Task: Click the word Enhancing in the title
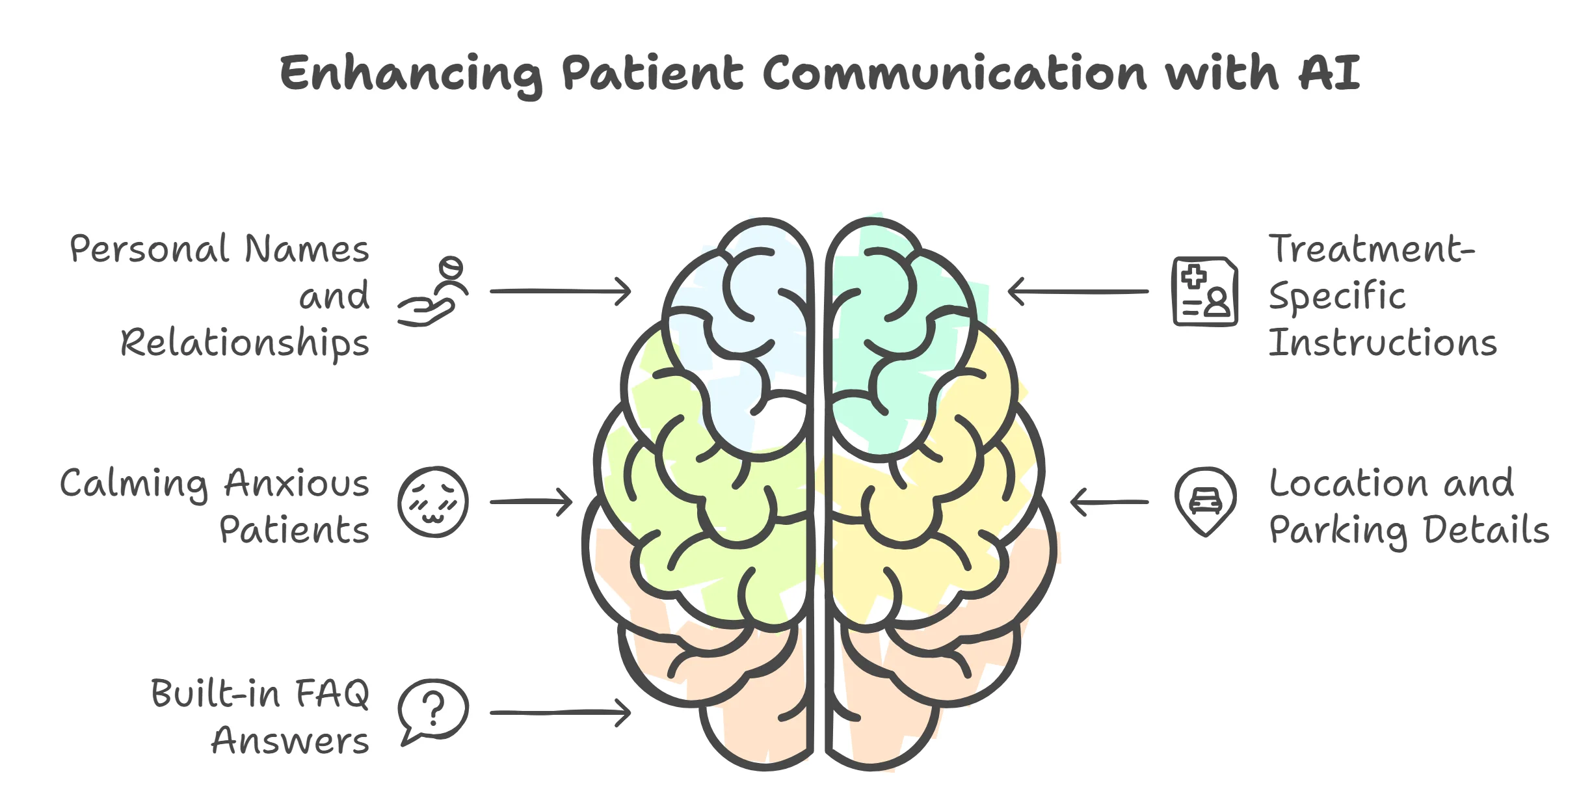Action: pos(410,74)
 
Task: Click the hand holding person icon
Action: pos(433,292)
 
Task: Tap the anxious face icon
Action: pos(433,501)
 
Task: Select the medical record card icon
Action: pos(1204,291)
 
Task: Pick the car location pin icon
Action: pos(1205,501)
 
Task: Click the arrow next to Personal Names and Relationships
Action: pos(560,291)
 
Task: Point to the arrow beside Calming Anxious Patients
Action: pos(531,502)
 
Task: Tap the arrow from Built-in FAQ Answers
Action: pos(560,713)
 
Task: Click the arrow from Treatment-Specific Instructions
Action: pos(1078,291)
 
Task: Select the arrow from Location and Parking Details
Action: pos(1109,502)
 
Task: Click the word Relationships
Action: pos(245,343)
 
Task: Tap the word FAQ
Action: pos(332,693)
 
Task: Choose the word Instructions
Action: pos(1383,343)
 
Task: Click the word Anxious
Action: pos(297,483)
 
